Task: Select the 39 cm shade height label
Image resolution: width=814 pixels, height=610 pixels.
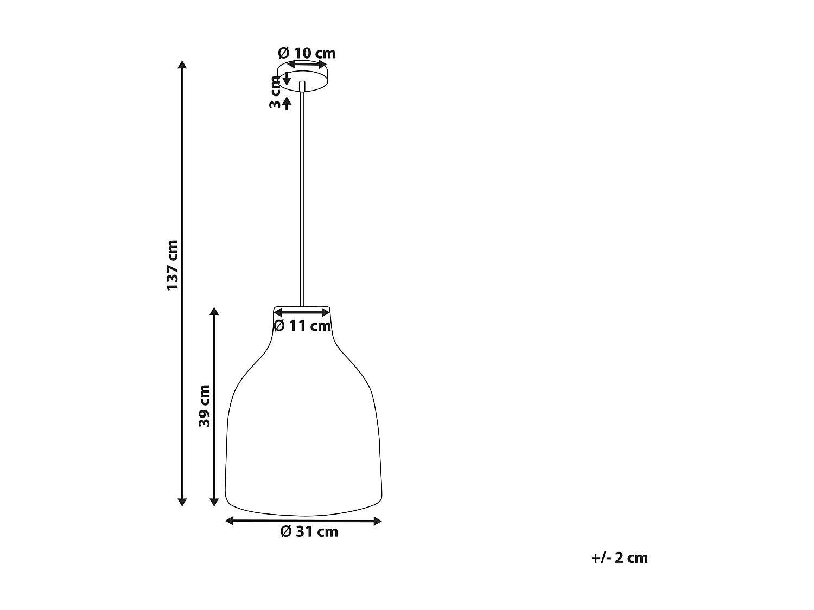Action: [204, 406]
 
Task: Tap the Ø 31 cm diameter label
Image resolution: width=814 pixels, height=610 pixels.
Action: [309, 532]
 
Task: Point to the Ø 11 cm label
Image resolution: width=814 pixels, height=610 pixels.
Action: [302, 326]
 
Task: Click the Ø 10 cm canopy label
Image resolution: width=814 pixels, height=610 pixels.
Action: [307, 53]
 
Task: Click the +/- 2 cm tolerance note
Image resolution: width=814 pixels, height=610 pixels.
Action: [619, 558]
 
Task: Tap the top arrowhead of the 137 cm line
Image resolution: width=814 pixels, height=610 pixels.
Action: [182, 65]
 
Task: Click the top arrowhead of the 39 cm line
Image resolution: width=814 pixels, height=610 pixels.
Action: [214, 311]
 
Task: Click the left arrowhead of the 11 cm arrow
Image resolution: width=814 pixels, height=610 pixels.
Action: [277, 312]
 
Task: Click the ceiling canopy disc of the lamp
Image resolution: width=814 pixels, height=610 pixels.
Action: [315, 81]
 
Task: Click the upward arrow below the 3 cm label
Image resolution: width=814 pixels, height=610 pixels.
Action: [287, 102]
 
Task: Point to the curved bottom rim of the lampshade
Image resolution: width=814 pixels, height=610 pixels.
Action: [304, 513]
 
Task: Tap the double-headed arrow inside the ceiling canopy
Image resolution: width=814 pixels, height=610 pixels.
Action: [307, 65]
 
